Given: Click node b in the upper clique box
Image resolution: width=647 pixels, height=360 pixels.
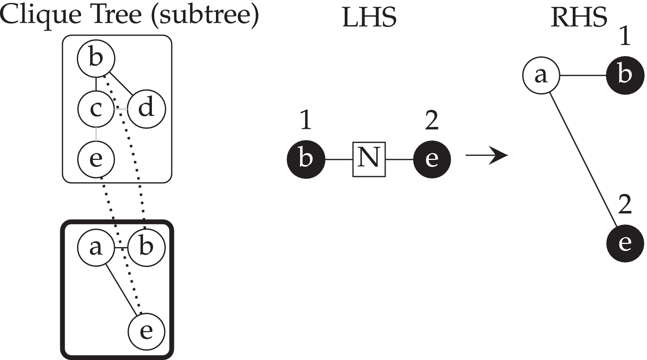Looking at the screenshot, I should pos(96,58).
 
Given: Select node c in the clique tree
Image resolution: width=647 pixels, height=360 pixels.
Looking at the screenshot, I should pos(96,109).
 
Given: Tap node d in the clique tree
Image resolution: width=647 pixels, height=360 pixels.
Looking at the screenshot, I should pos(146,109).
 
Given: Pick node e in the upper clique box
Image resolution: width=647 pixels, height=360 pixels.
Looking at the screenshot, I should pos(96,159).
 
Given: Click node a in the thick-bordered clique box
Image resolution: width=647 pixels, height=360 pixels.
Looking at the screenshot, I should pos(96,247).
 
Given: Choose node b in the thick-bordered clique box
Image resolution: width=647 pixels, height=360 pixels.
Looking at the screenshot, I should pos(146,247).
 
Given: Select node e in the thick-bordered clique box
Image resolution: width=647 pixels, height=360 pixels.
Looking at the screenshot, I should pos(146,332).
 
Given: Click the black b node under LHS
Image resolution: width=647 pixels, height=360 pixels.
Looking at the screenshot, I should pos(306,159).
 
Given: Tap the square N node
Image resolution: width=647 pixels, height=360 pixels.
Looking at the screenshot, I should pos(369,159).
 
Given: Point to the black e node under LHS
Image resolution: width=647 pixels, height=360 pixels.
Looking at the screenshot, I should pos(432,159).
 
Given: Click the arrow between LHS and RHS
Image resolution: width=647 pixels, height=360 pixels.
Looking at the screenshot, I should pos(487,155).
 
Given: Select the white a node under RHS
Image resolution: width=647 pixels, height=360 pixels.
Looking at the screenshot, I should pos(541,75).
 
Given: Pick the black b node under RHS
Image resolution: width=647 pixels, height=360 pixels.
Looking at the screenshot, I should pos(625,75).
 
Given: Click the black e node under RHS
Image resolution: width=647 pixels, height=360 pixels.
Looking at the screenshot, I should pos(625,243).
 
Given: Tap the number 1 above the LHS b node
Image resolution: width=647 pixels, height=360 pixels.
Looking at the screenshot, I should pos(306,121).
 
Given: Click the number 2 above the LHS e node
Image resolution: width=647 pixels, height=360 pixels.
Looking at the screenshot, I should pos(432,121).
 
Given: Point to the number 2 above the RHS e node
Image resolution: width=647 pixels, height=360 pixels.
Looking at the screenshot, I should pos(625,205).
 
